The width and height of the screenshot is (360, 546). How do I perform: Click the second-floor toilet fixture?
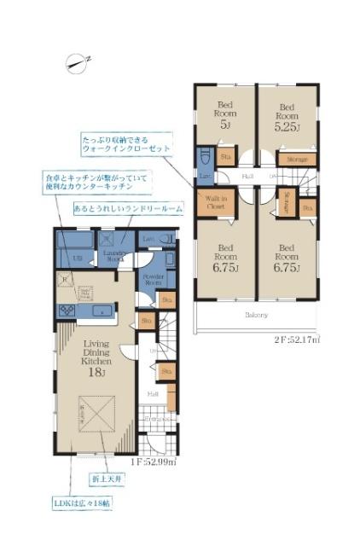click(x=205, y=160)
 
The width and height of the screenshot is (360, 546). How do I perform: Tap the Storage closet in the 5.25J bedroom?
click(x=297, y=159)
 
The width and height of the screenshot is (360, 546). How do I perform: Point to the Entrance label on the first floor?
click(x=153, y=420)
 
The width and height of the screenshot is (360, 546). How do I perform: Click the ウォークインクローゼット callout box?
click(x=125, y=142)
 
